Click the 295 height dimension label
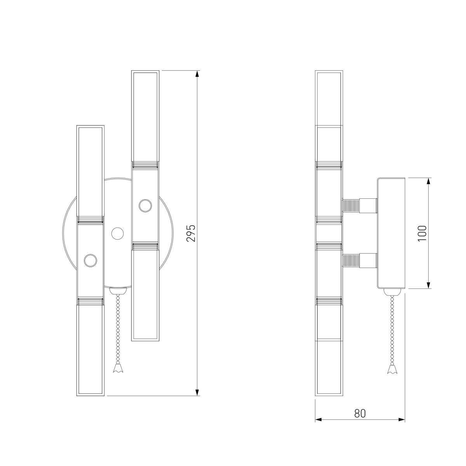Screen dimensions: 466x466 [x=191, y=233]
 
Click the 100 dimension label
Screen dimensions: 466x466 [x=422, y=233]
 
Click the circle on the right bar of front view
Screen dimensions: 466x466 [x=145, y=206]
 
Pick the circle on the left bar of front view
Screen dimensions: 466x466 [x=90, y=261]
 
